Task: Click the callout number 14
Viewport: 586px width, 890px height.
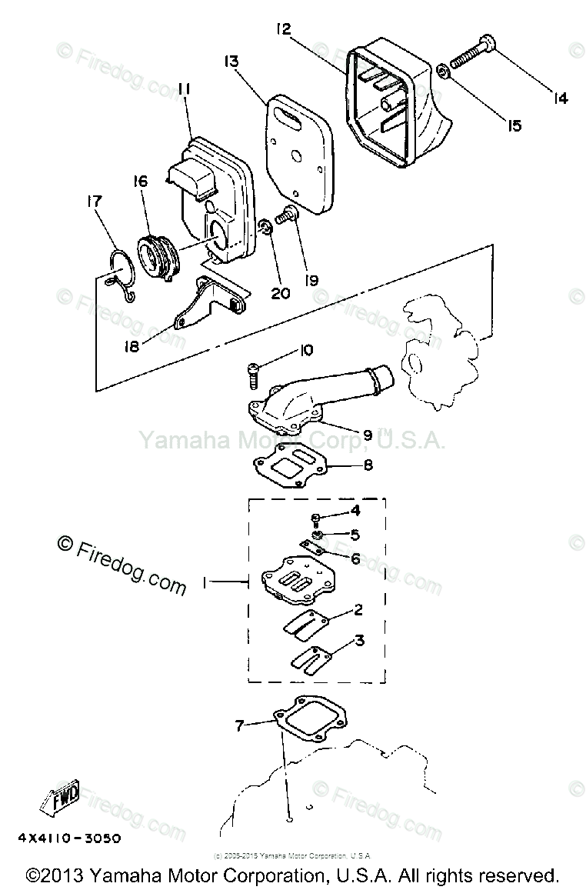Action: point(560,98)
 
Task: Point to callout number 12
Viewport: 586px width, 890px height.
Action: point(283,30)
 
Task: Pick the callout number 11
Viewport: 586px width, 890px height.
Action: point(184,91)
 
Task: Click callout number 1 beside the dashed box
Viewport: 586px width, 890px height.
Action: point(205,584)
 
